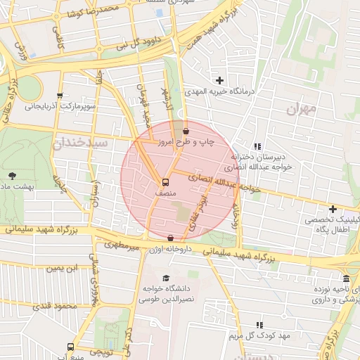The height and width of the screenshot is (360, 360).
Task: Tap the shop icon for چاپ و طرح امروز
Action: (185, 131)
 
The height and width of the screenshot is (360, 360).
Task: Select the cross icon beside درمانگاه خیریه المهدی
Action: (220, 80)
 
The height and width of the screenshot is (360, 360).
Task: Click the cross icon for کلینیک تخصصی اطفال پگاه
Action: (333, 209)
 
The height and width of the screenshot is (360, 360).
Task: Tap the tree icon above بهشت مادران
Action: (11, 175)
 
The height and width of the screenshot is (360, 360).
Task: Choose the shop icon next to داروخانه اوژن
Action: (171, 238)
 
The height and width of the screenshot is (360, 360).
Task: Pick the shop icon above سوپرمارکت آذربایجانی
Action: (60, 96)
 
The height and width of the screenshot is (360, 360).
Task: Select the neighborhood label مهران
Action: (302, 110)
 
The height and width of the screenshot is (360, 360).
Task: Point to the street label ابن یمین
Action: (65, 269)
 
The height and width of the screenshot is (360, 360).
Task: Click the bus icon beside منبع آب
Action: (70, 347)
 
